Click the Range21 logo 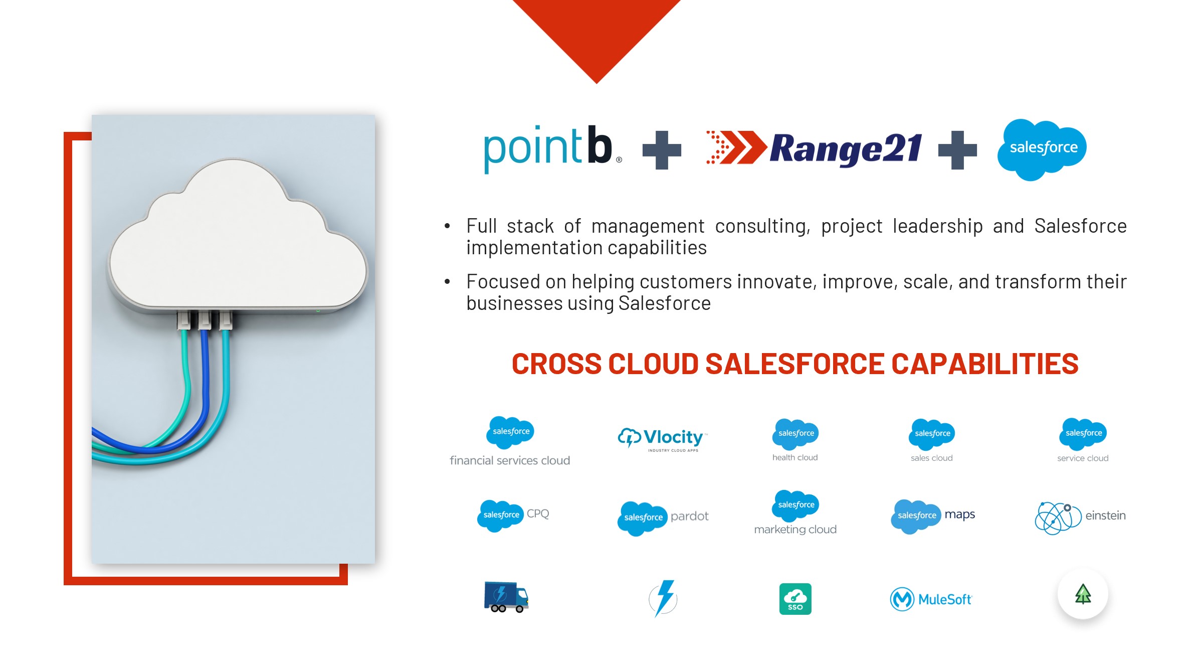814,148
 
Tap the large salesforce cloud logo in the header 1042,149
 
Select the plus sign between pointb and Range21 662,150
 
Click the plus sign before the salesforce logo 957,150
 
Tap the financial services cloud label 510,460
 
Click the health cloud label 795,457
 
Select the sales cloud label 931,458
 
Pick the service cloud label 1083,458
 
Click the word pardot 689,516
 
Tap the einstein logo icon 1058,518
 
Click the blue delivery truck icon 506,597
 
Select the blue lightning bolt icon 663,598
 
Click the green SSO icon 795,599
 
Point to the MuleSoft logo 931,599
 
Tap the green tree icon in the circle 1083,594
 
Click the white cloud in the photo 238,236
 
